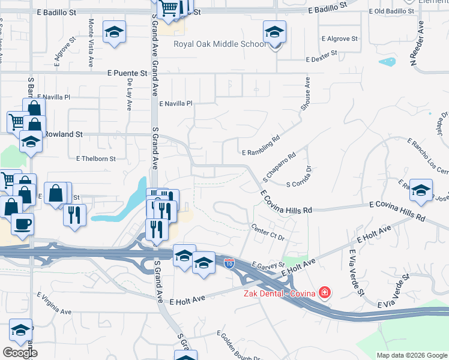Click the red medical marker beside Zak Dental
pyautogui.click(x=325, y=293)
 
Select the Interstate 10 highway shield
pyautogui.click(x=229, y=262)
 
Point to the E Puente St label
pyautogui.click(x=127, y=73)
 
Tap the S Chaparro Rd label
pyautogui.click(x=279, y=164)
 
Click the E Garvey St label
pyautogui.click(x=267, y=264)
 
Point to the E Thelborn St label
pyautogui.click(x=95, y=158)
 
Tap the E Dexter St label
pyautogui.click(x=323, y=59)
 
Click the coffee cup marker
pyautogui.click(x=23, y=224)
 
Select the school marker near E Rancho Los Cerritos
pyautogui.click(x=421, y=190)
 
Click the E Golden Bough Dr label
pyautogui.click(x=239, y=346)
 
